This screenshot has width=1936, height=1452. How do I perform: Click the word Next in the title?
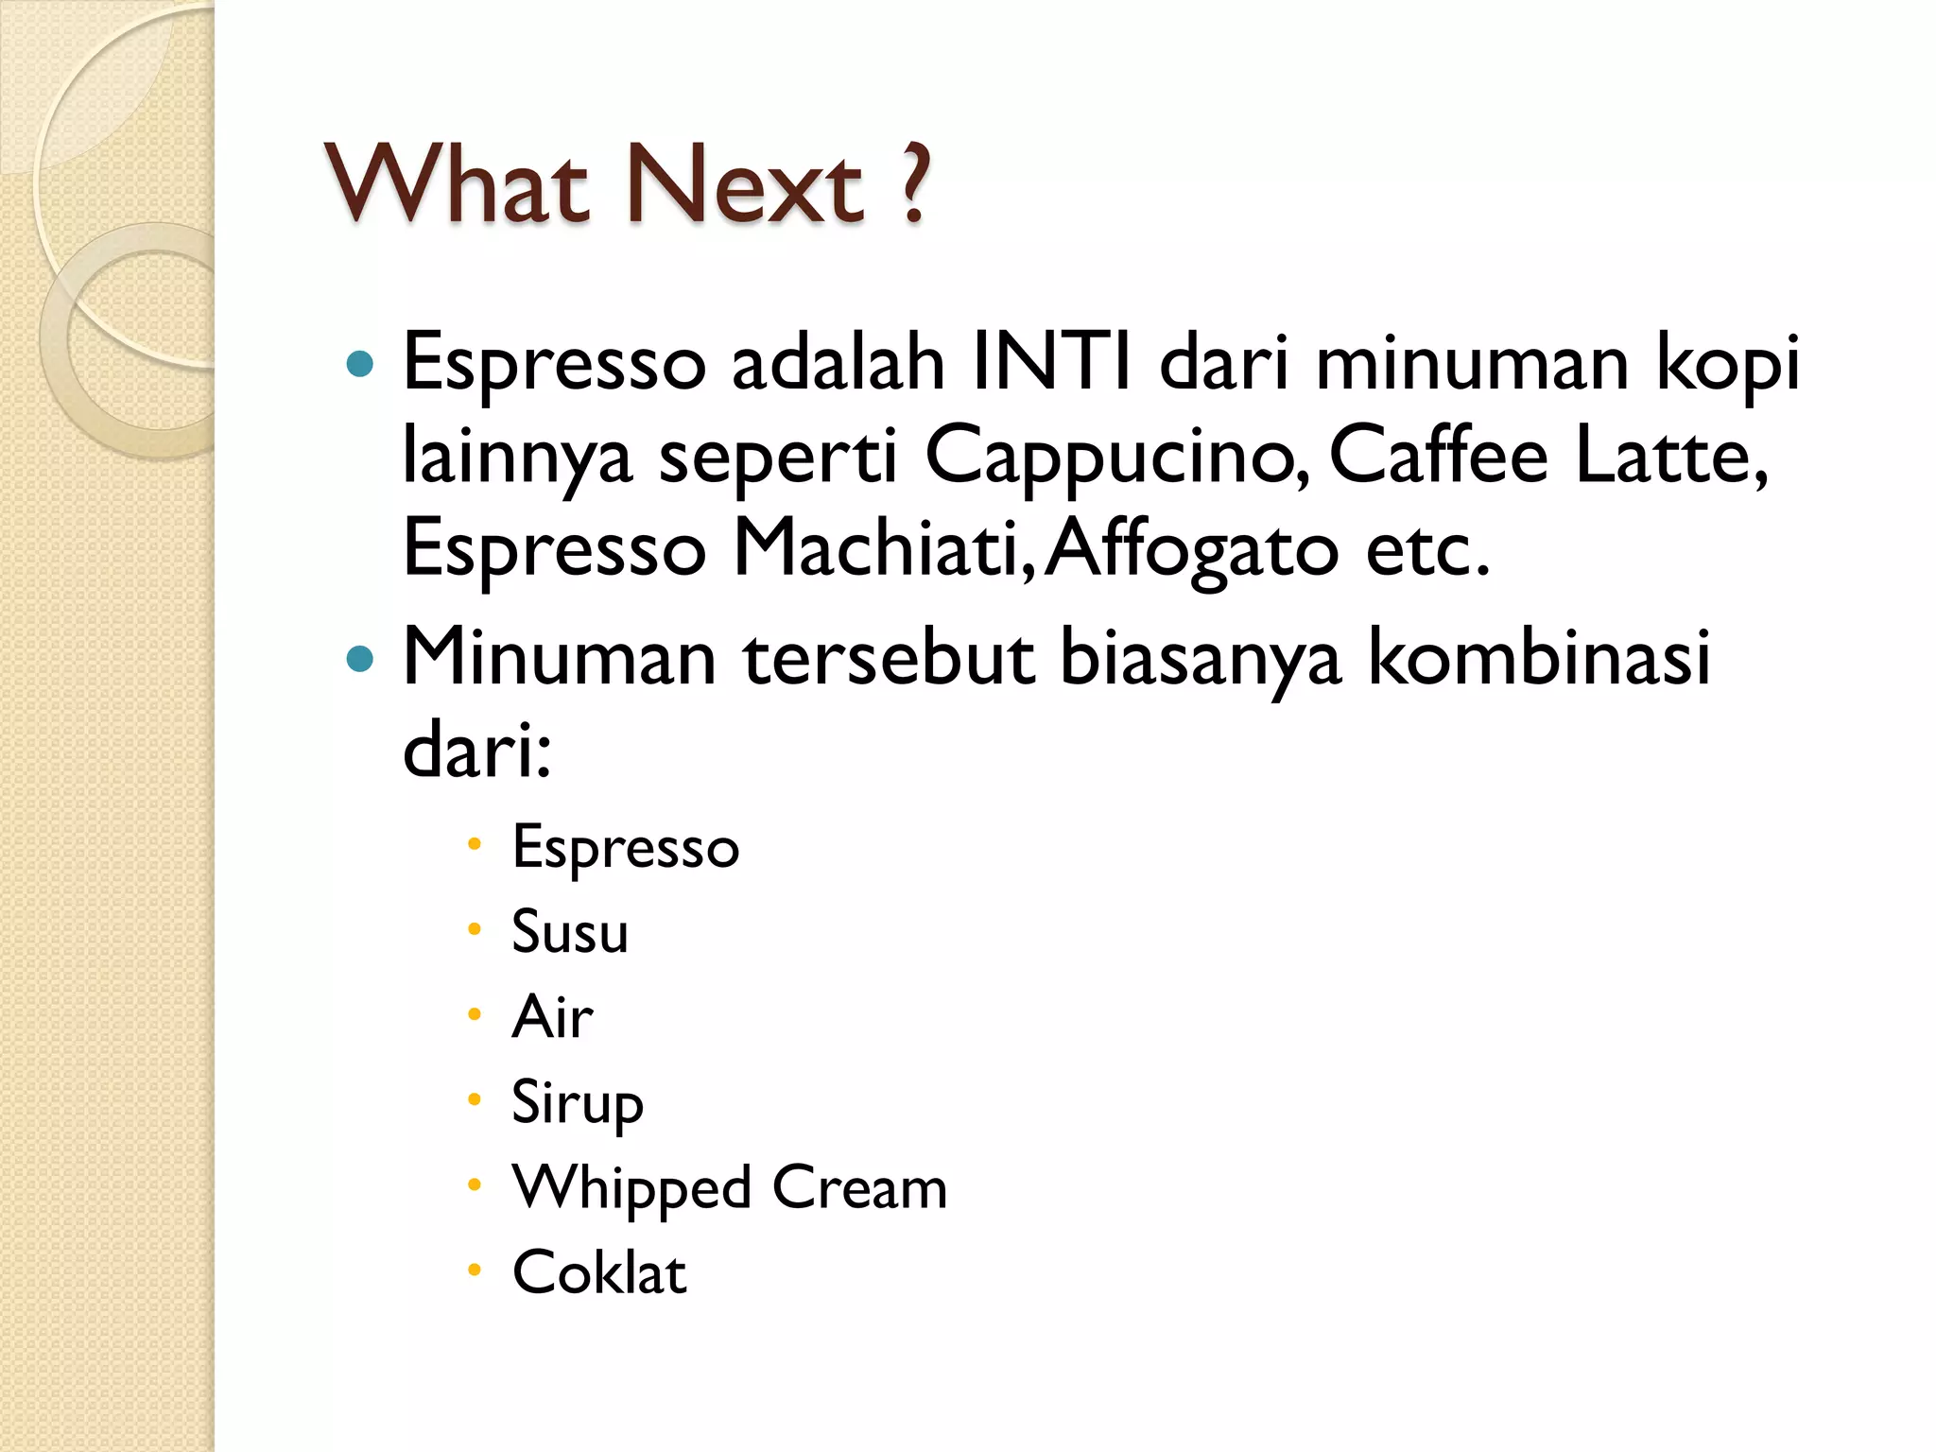(744, 185)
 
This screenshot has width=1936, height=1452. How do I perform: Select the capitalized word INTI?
(1052, 362)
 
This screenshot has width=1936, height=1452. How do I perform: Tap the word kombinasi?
(1540, 656)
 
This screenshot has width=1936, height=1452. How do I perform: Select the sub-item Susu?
(570, 931)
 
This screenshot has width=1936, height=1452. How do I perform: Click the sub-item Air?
(552, 1016)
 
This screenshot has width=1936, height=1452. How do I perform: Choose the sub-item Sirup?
(578, 1102)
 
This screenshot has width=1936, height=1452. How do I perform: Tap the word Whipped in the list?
(631, 1188)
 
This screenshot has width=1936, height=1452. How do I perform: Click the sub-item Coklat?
(599, 1272)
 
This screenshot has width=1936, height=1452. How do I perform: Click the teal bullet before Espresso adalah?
(360, 363)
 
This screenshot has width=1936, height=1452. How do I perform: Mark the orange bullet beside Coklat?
(475, 1270)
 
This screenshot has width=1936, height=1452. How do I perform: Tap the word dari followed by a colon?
(476, 752)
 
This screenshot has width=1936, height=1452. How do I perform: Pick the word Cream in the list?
(859, 1187)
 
